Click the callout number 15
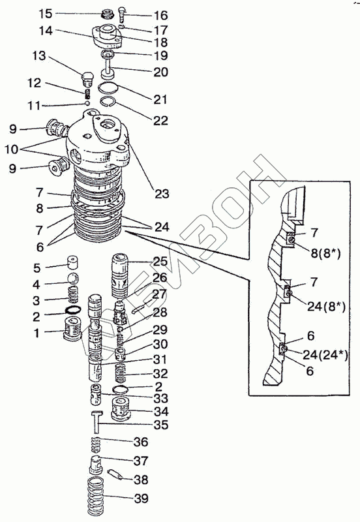click(45, 14)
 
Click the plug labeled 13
click(87, 78)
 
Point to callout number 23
click(162, 193)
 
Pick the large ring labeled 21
click(108, 87)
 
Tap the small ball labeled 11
click(87, 104)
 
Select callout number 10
click(11, 149)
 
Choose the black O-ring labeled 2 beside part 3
click(73, 310)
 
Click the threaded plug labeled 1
click(72, 329)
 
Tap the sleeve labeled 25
click(120, 275)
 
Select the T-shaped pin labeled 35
click(97, 422)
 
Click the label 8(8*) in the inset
click(325, 254)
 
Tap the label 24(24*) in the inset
click(325, 355)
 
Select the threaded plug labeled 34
click(120, 409)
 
